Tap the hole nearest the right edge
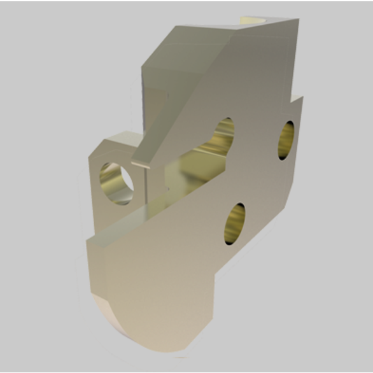pyautogui.click(x=286, y=139)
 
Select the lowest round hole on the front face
pyautogui.click(x=234, y=224)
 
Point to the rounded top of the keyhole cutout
pyautogui.click(x=223, y=127)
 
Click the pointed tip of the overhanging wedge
pyautogui.click(x=135, y=160)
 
